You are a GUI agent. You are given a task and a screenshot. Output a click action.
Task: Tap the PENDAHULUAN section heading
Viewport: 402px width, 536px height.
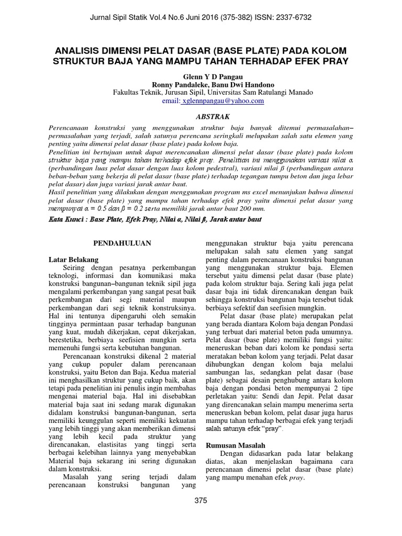122,243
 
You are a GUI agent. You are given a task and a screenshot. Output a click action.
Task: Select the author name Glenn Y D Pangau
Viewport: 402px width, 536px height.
200,75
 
